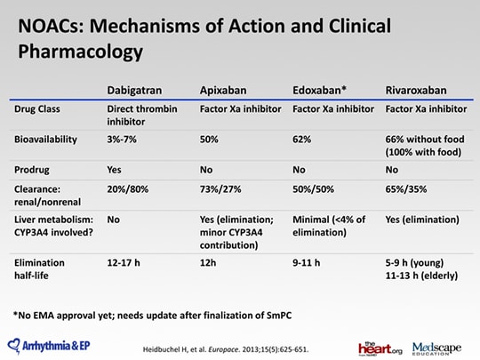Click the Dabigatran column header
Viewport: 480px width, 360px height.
tap(134, 91)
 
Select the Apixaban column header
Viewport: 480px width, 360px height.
tap(223, 91)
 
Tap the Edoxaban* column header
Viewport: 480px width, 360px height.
tap(319, 91)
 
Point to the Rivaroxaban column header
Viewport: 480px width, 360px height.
tap(416, 91)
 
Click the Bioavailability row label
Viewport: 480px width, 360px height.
tap(45, 140)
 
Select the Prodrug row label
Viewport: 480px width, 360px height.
tap(31, 170)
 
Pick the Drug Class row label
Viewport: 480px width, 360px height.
tap(37, 109)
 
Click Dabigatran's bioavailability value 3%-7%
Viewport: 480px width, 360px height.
tap(122, 140)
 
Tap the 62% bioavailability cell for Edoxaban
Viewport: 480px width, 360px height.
tap(301, 140)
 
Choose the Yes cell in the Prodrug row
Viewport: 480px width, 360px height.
tap(114, 170)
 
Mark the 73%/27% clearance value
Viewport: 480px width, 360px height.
tap(220, 189)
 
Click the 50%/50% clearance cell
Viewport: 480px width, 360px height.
tap(313, 189)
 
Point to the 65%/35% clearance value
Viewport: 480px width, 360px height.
tap(406, 189)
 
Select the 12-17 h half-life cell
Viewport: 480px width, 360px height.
tap(124, 262)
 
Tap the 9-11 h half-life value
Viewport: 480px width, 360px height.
tap(306, 262)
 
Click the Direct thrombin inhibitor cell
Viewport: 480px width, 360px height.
tap(142, 115)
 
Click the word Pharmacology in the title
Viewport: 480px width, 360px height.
tap(81, 52)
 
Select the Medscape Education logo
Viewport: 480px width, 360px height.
tap(436, 348)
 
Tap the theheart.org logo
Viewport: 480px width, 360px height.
tap(380, 349)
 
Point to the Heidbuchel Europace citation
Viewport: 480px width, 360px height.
tap(226, 349)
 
